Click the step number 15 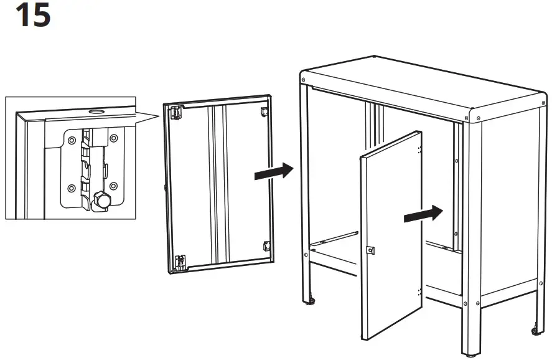pyautogui.click(x=32, y=16)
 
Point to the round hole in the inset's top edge pyautogui.click(x=95, y=112)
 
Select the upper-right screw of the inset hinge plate pyautogui.click(x=113, y=138)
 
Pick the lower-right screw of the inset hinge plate pyautogui.click(x=113, y=186)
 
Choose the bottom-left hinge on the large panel pyautogui.click(x=180, y=262)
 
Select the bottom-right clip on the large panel pyautogui.click(x=266, y=245)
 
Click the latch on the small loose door pyautogui.click(x=371, y=250)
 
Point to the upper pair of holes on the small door pyautogui.click(x=420, y=149)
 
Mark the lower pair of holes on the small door pyautogui.click(x=420, y=291)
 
